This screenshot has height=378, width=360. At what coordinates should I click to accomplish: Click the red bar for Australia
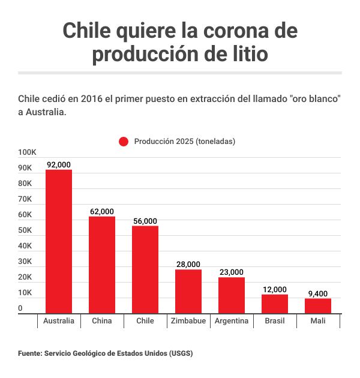(x=59, y=241)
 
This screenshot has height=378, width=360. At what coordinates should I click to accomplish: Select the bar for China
(x=102, y=265)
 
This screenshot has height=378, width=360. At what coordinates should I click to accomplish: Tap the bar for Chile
(x=145, y=269)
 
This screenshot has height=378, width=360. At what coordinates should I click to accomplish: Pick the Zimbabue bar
(x=188, y=291)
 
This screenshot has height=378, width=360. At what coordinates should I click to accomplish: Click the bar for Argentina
(x=232, y=295)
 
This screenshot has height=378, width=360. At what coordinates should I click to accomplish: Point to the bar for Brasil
(x=275, y=304)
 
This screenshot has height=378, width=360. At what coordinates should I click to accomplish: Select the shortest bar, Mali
(x=318, y=306)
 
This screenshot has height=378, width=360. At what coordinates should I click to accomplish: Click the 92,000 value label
(x=59, y=165)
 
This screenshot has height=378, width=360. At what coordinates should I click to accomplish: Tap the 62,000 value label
(x=102, y=212)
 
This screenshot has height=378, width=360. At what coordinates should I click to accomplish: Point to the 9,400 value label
(x=318, y=293)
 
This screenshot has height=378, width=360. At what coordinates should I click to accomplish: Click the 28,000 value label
(x=188, y=265)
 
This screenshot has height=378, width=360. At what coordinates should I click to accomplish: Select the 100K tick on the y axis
(x=28, y=153)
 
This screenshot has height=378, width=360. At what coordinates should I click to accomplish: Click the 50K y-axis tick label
(x=25, y=231)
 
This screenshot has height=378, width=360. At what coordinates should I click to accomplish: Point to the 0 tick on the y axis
(x=20, y=308)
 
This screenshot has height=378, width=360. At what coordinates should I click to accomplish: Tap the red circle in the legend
(x=124, y=142)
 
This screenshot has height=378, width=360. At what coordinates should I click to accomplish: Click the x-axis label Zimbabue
(x=188, y=321)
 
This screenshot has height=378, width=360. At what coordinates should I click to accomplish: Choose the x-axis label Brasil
(x=275, y=321)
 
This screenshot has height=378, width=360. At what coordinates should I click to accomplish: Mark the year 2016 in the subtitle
(x=83, y=98)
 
